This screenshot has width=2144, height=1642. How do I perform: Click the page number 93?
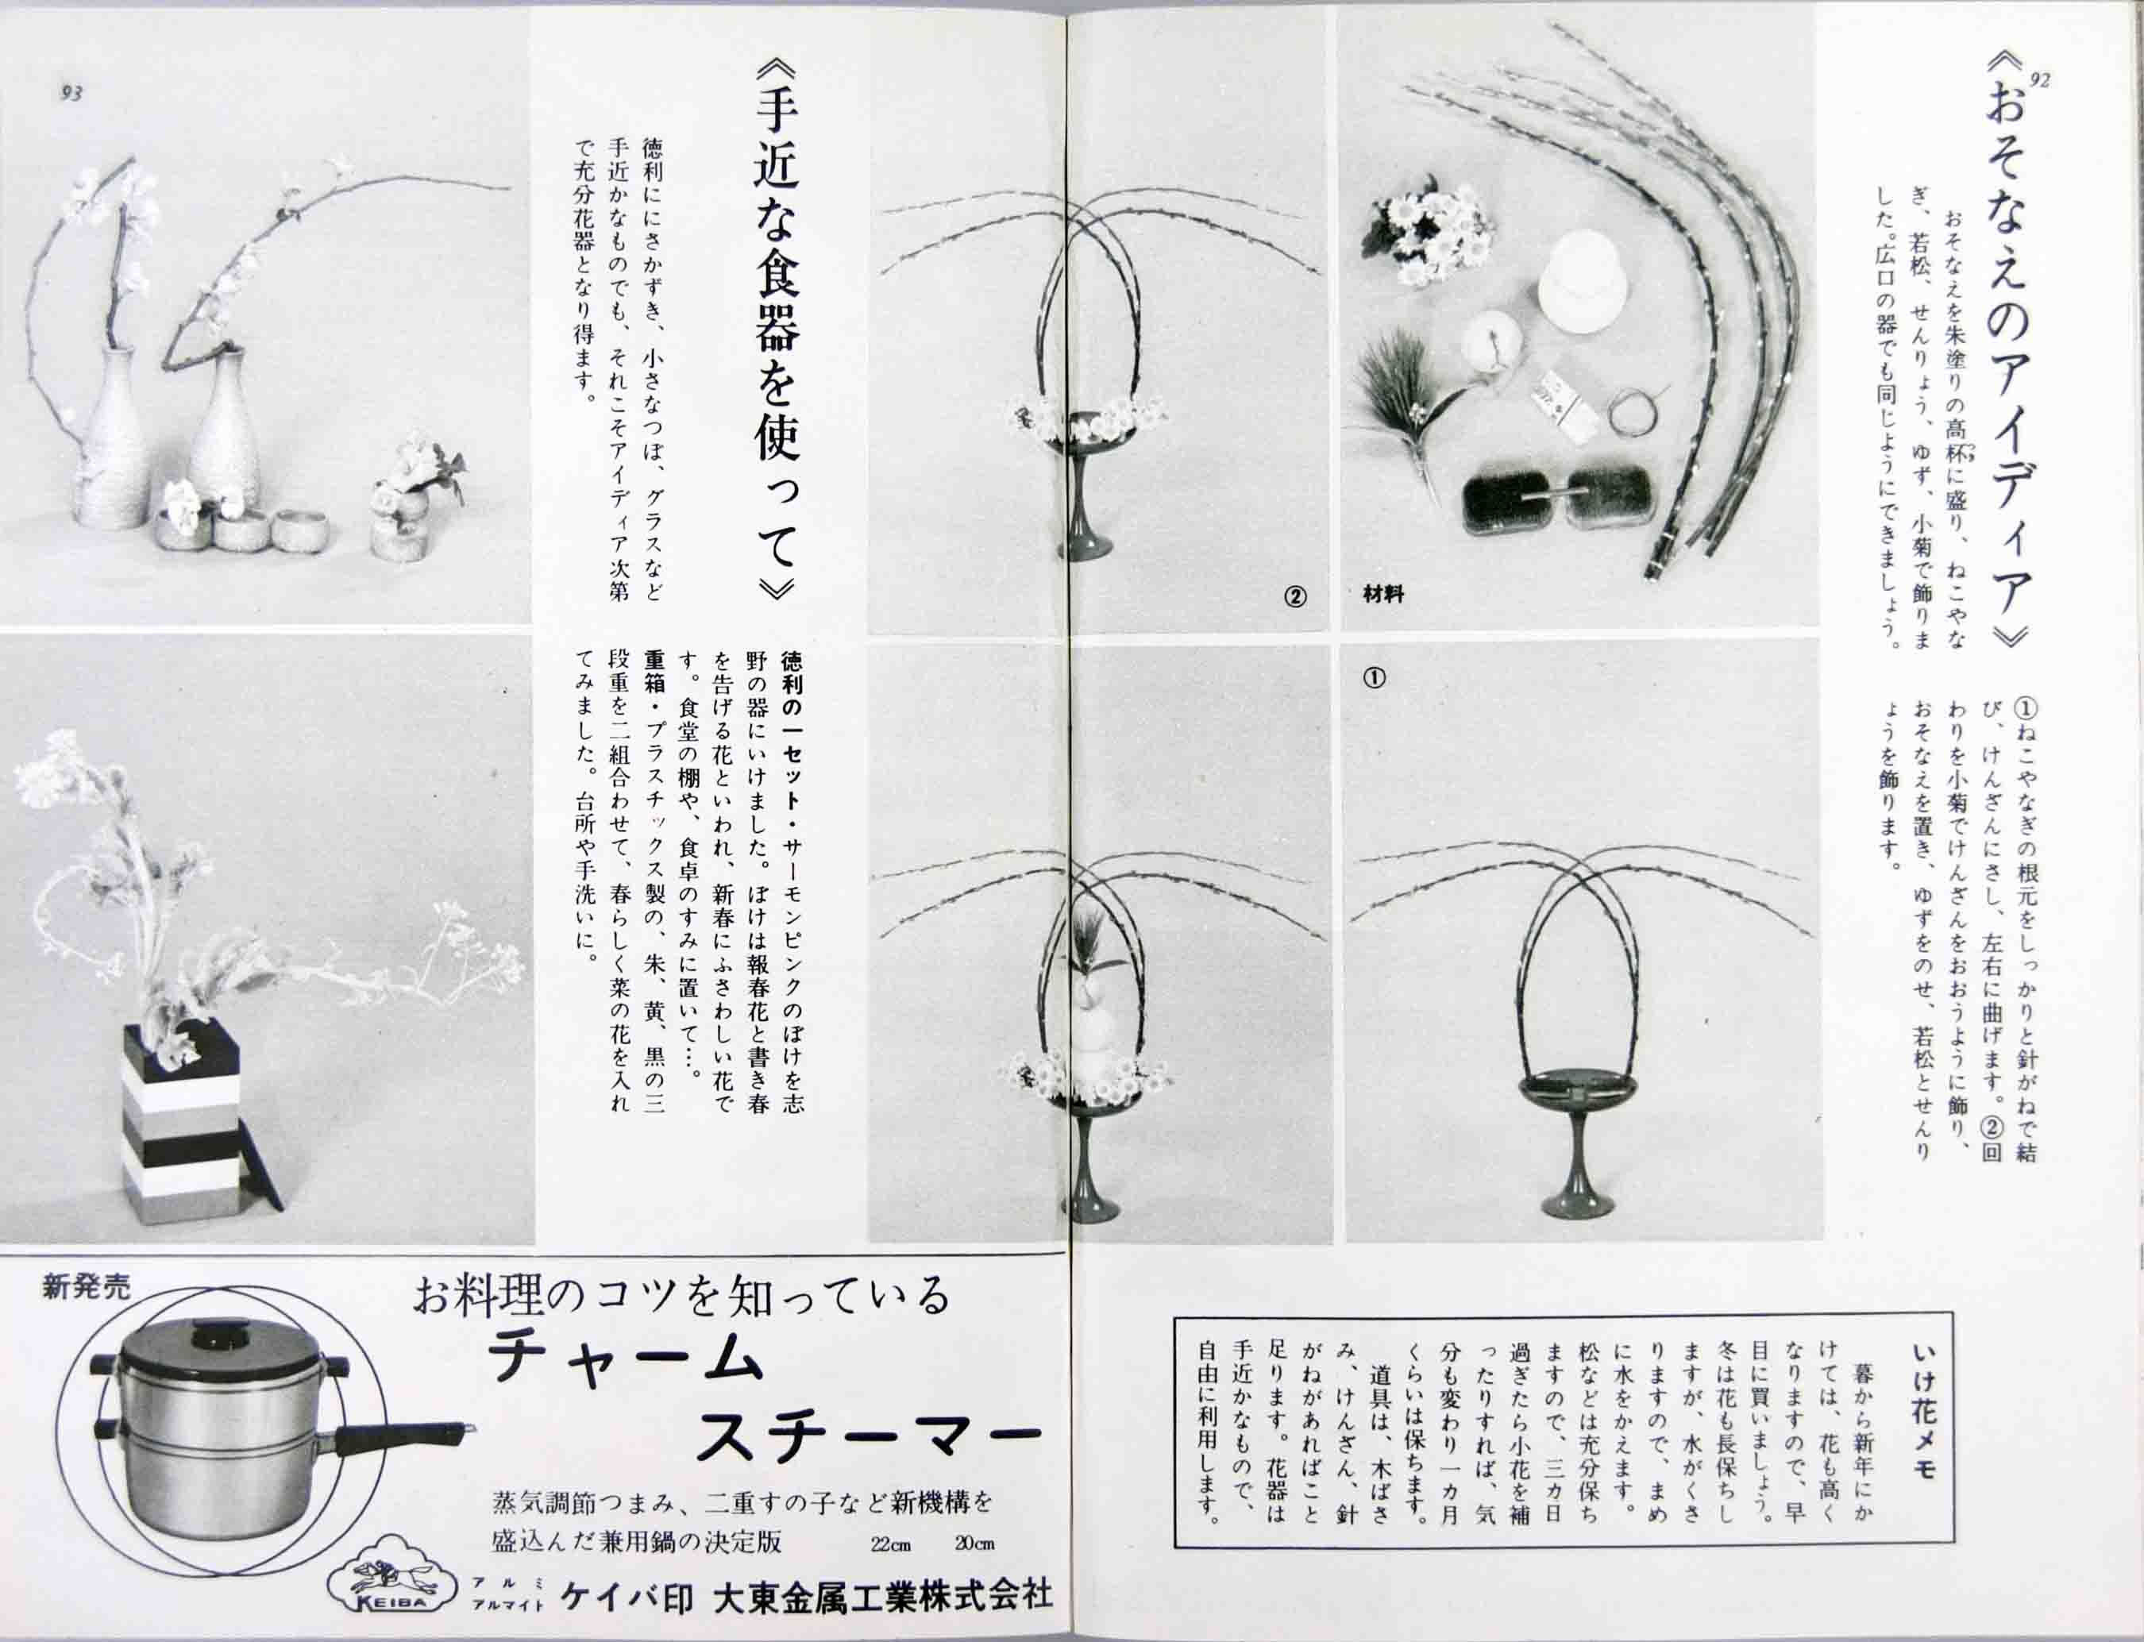coord(71,93)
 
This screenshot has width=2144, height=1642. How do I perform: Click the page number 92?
coord(2038,81)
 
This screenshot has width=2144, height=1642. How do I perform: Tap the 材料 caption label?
coord(1382,593)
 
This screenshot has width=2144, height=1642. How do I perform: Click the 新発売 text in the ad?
coord(86,1287)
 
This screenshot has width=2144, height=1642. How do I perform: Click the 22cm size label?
coord(890,1545)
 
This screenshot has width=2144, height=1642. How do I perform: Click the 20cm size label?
coord(974,1545)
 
